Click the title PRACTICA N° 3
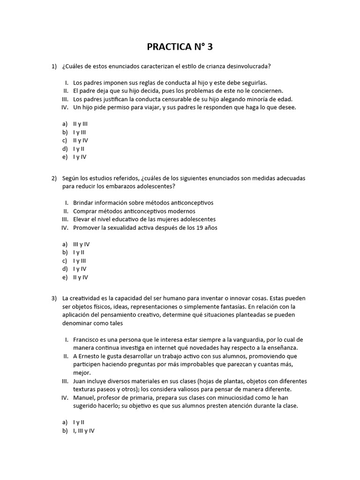point(183,46)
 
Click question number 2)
point(54,179)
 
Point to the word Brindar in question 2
point(83,203)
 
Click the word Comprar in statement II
point(85,211)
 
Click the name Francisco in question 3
point(87,339)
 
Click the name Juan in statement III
point(80,381)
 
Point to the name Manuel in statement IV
point(84,397)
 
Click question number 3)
point(54,298)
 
